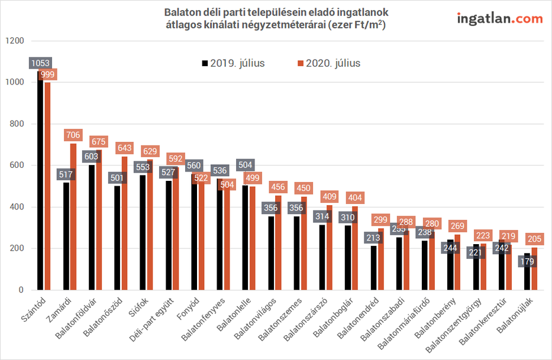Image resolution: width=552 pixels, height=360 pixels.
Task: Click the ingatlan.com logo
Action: click(500, 18)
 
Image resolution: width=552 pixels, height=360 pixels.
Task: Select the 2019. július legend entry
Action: click(233, 63)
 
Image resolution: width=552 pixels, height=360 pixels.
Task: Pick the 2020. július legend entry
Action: click(328, 63)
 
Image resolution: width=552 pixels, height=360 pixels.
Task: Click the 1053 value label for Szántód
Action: click(40, 63)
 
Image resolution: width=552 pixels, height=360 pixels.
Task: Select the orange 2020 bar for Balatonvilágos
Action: click(278, 242)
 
